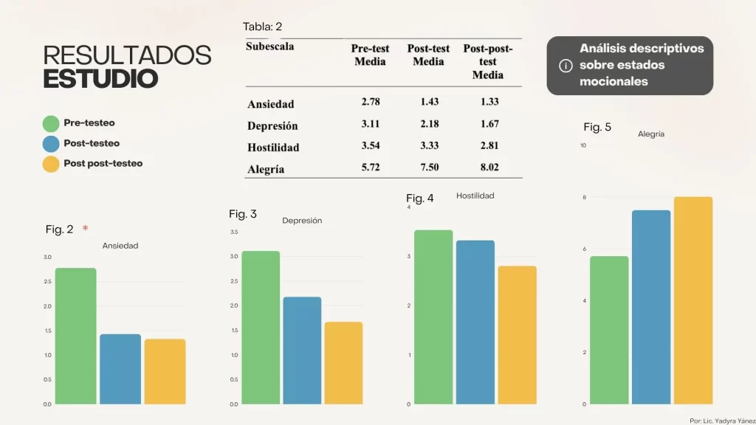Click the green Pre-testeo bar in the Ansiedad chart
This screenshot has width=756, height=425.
(x=75, y=336)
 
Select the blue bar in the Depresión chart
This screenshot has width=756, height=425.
(x=302, y=350)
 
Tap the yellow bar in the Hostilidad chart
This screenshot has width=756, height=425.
(x=517, y=335)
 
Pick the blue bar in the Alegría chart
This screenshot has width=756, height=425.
(x=651, y=307)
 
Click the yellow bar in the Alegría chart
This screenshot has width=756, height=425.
(x=693, y=300)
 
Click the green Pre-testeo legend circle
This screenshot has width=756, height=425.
(x=51, y=124)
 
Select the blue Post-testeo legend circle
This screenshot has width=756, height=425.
(x=51, y=144)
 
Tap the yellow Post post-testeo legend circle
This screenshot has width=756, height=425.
(x=51, y=164)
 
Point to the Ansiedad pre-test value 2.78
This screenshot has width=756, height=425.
(x=371, y=101)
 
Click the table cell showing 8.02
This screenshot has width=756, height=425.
(x=488, y=167)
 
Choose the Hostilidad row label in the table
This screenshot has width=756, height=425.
(x=273, y=147)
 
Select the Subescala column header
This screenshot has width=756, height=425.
(x=270, y=46)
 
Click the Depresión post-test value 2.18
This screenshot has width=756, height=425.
(x=428, y=123)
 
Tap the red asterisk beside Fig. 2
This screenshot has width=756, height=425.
(x=86, y=228)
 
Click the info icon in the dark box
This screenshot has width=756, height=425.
(x=566, y=66)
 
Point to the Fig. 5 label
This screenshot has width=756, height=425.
(x=597, y=127)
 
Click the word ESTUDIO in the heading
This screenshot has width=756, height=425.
(x=100, y=79)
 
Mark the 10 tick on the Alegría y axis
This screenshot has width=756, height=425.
(x=583, y=145)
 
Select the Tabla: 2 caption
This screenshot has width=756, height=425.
(x=262, y=27)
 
